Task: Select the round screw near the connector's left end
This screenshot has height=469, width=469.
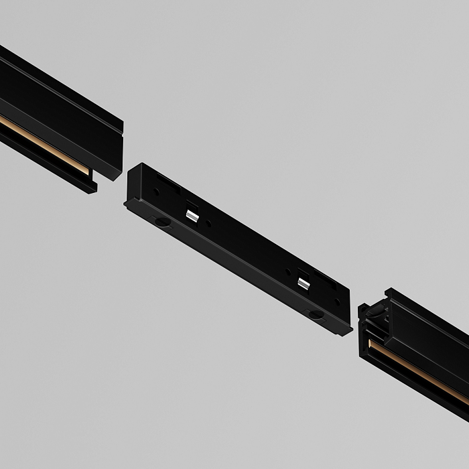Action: tap(163, 221)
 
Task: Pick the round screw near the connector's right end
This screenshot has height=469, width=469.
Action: tap(314, 312)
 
